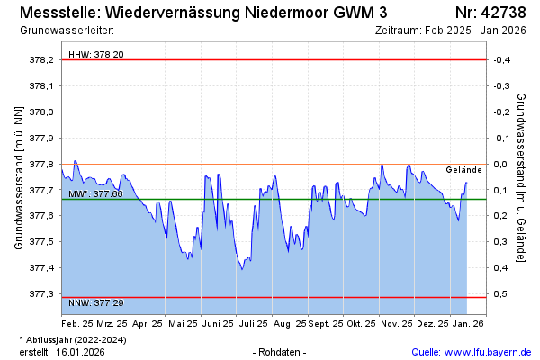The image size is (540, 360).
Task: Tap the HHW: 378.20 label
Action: click(96, 54)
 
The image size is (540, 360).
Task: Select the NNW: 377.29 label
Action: click(96, 303)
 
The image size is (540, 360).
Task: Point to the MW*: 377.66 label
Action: click(96, 193)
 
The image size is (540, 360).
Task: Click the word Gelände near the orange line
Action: click(464, 169)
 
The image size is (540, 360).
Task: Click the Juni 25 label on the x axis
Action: click(217, 322)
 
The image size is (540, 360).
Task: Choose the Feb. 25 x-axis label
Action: click(76, 322)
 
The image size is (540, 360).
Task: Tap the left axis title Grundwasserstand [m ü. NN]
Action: click(18, 177)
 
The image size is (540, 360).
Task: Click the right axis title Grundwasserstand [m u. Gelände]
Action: click(521, 177)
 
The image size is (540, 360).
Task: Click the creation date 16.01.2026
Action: click(80, 351)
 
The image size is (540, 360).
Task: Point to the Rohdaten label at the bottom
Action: click(280, 351)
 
